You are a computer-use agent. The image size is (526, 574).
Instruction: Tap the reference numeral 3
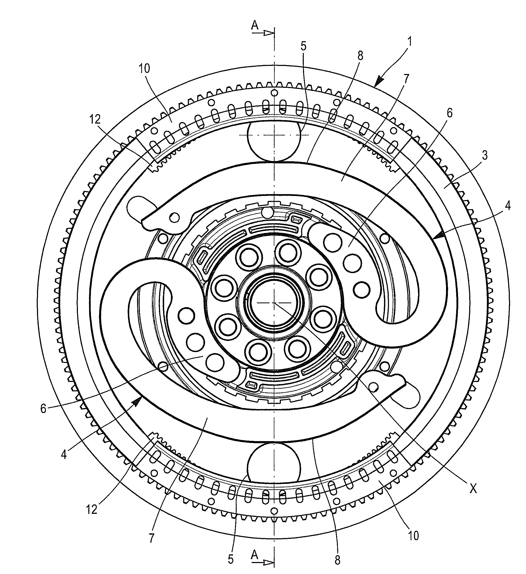(485, 156)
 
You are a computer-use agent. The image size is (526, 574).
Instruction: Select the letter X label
(473, 489)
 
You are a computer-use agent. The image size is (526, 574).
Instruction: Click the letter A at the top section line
(255, 26)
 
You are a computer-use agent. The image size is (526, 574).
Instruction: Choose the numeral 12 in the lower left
(92, 509)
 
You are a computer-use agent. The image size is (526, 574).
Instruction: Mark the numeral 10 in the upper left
(144, 69)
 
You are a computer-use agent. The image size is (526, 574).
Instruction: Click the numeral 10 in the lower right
(413, 536)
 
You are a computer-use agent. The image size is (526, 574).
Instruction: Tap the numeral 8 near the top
(361, 56)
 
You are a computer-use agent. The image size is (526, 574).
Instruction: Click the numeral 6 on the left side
(43, 409)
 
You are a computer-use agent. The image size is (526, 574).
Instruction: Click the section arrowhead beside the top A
(268, 33)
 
